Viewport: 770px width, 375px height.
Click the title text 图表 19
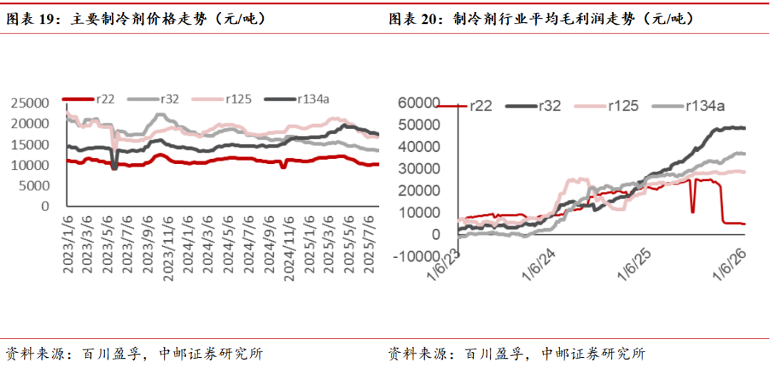pos(34,20)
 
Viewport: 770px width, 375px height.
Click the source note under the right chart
pos(518,354)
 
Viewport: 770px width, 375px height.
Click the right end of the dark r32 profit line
pos(744,128)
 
